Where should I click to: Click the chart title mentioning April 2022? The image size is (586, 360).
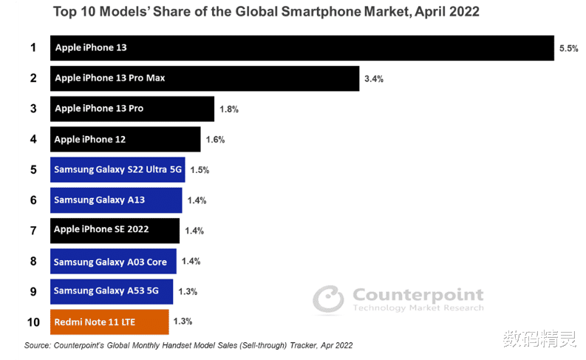point(293,12)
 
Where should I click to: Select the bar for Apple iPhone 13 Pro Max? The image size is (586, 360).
point(204,78)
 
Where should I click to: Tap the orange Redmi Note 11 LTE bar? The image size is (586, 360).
point(109,322)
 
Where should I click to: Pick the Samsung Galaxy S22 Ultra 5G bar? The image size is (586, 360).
point(117,169)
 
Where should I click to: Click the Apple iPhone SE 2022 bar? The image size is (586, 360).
point(115,230)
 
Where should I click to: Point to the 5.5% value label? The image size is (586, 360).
point(568,48)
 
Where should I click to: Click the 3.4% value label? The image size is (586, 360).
point(374,78)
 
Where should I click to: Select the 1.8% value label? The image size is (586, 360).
point(229,109)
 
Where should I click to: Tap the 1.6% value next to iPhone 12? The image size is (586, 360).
point(215,139)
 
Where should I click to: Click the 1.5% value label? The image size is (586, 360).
point(200,170)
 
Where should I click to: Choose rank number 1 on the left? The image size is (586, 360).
point(33,48)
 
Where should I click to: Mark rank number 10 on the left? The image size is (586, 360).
point(33,322)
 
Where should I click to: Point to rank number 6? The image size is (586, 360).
point(33,200)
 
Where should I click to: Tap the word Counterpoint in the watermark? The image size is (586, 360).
point(418,295)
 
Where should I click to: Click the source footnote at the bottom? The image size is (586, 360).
point(188,345)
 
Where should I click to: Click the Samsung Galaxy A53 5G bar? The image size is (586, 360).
point(111,291)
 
